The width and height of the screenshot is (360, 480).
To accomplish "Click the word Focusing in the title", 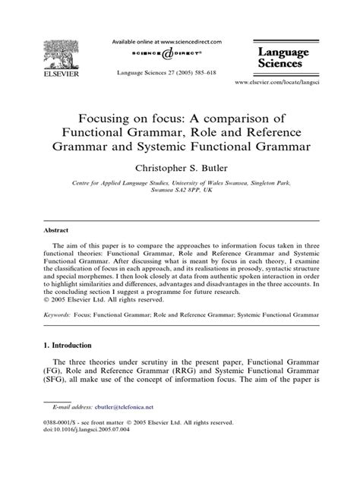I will (x=112, y=118).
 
